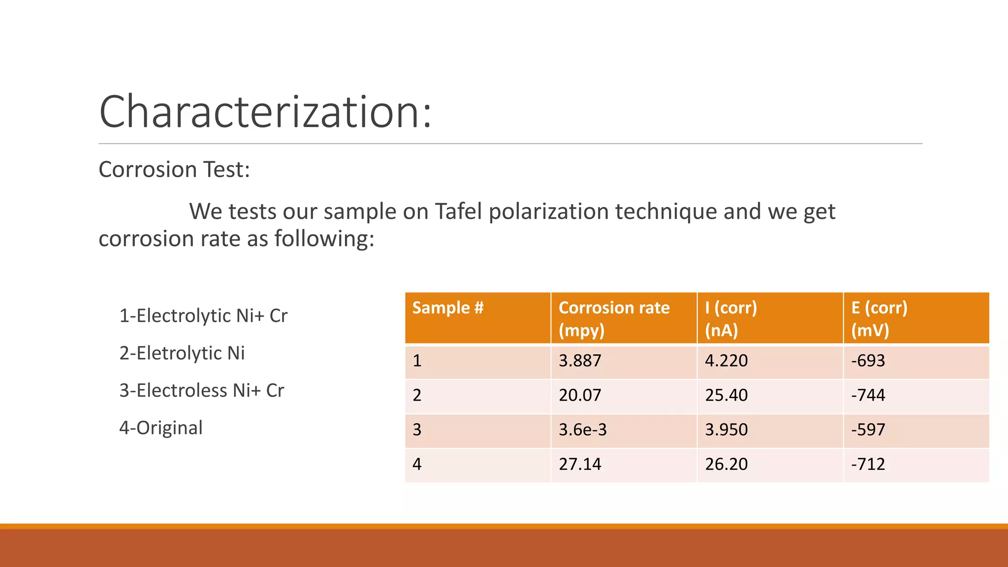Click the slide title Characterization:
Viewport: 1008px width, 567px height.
pos(265,112)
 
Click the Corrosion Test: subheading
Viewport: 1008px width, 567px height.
pos(174,170)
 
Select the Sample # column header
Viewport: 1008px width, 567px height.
pos(448,308)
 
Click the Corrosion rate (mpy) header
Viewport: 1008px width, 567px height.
pos(614,318)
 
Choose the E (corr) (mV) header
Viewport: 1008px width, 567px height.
pos(879,318)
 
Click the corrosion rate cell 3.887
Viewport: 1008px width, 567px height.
pos(580,361)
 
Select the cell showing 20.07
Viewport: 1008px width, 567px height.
pos(580,395)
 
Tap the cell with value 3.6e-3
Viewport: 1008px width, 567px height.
pos(583,430)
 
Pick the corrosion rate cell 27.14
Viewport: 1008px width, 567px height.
pos(580,464)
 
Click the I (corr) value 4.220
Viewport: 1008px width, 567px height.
pos(726,361)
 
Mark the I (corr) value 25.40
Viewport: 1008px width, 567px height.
pos(726,395)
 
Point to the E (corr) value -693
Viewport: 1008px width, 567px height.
pos(868,361)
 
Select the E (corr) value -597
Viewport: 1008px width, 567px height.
pos(868,430)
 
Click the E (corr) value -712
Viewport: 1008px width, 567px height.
pos(868,464)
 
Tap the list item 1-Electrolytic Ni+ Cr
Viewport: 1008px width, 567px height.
pos(203,316)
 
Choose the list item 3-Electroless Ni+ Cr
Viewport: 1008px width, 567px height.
pos(202,391)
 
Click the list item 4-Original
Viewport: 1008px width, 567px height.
pos(161,428)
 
